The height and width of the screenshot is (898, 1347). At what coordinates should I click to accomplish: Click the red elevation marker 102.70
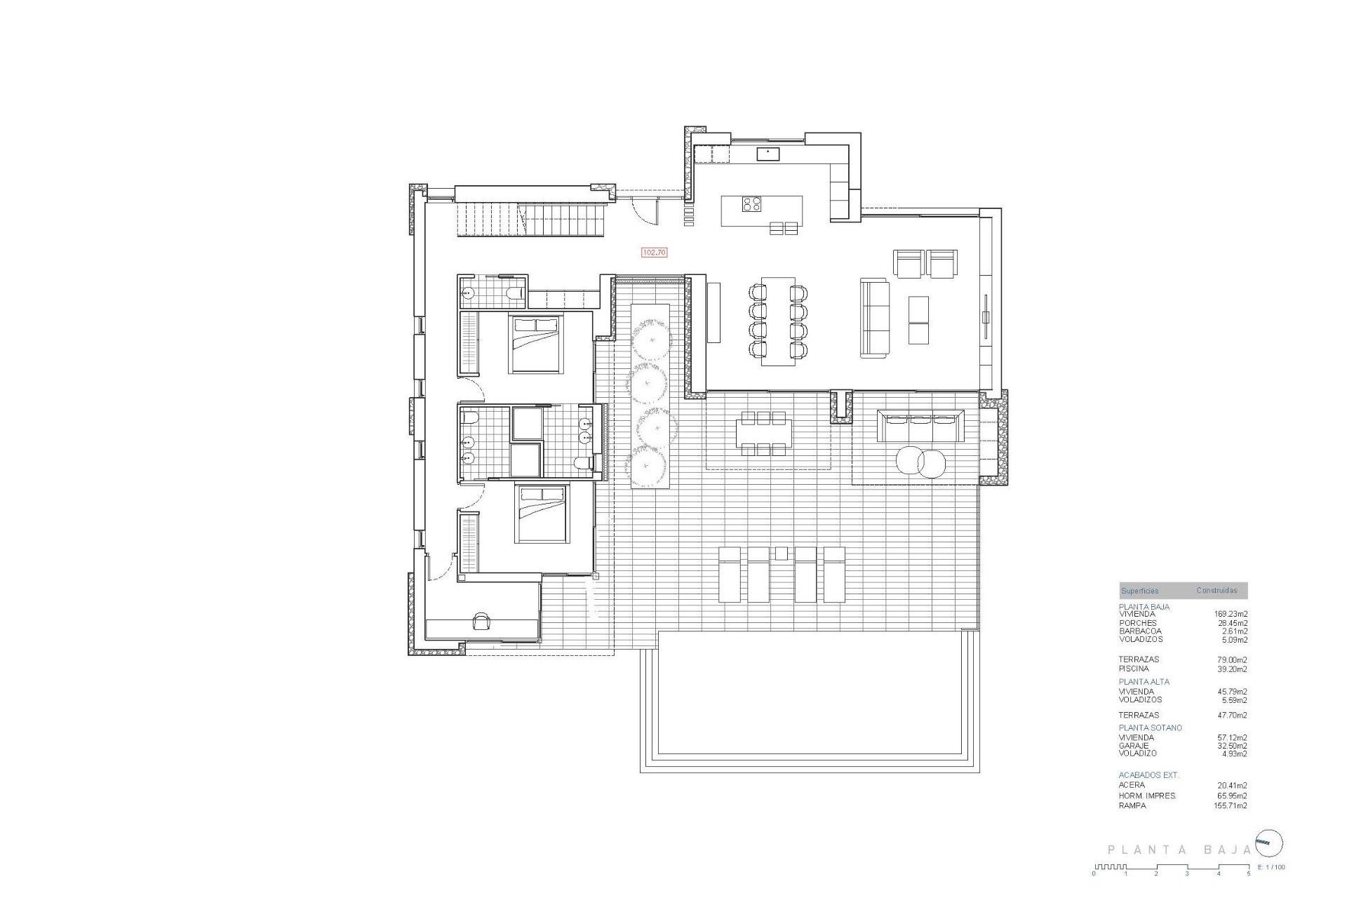(654, 253)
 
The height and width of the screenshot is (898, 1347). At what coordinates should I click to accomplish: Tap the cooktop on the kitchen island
(752, 204)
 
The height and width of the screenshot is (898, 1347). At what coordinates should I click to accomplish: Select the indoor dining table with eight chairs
(778, 321)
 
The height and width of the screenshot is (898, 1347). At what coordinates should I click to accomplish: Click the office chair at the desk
(482, 621)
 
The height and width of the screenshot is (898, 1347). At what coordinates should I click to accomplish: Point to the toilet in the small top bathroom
(517, 292)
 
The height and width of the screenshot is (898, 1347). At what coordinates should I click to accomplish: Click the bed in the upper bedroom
(536, 344)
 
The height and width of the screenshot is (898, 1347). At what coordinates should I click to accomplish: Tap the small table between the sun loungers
(781, 554)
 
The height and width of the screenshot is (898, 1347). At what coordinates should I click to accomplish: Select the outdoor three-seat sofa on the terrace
(920, 426)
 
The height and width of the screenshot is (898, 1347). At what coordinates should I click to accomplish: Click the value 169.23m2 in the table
(1231, 614)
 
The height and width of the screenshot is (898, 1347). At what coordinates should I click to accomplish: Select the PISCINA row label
(1134, 669)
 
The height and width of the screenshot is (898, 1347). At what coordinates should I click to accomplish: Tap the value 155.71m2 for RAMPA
(1231, 806)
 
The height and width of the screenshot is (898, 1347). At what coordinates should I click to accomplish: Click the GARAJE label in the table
(1134, 746)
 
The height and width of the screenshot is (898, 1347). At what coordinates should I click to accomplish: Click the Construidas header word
(1217, 591)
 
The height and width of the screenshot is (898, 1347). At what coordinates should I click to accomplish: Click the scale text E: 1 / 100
(1271, 868)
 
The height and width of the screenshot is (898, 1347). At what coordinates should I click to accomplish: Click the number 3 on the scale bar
(1187, 873)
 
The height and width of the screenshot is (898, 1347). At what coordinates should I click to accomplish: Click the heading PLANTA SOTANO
(1150, 728)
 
